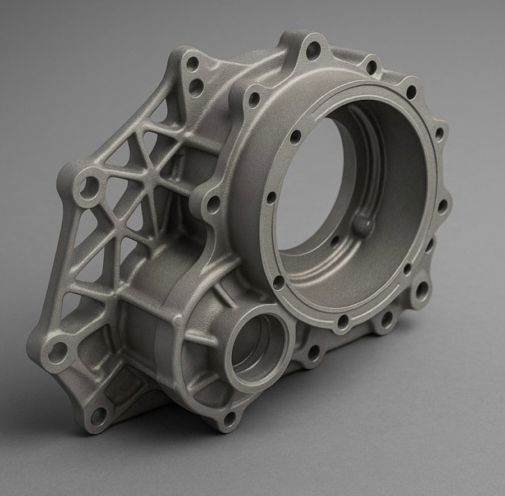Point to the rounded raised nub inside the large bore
click(x=363, y=225)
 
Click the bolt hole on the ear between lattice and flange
click(x=213, y=205)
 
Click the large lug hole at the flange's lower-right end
click(x=420, y=290)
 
